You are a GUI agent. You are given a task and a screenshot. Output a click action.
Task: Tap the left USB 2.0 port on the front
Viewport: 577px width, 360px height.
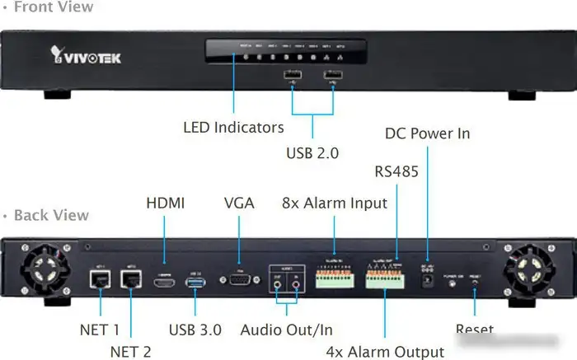coord(291,79)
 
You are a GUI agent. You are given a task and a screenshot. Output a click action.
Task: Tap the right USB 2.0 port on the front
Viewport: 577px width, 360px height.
coord(333,79)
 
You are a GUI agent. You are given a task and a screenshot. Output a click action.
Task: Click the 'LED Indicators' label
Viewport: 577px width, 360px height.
coord(233,128)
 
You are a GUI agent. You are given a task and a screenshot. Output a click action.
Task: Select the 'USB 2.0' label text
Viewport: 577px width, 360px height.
coord(312,152)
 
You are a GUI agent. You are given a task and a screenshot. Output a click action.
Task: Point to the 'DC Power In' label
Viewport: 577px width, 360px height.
coord(427,133)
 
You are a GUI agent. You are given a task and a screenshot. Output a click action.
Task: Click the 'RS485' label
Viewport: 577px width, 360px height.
coord(397,171)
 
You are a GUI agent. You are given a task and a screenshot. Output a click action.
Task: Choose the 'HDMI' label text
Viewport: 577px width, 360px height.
coord(166,203)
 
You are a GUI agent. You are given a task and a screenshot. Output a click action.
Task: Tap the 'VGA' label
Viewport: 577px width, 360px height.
coord(239,203)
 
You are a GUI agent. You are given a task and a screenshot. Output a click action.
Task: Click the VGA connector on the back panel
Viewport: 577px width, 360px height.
coord(238,280)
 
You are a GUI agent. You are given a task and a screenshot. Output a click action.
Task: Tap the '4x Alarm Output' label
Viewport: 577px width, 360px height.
coord(385,352)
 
